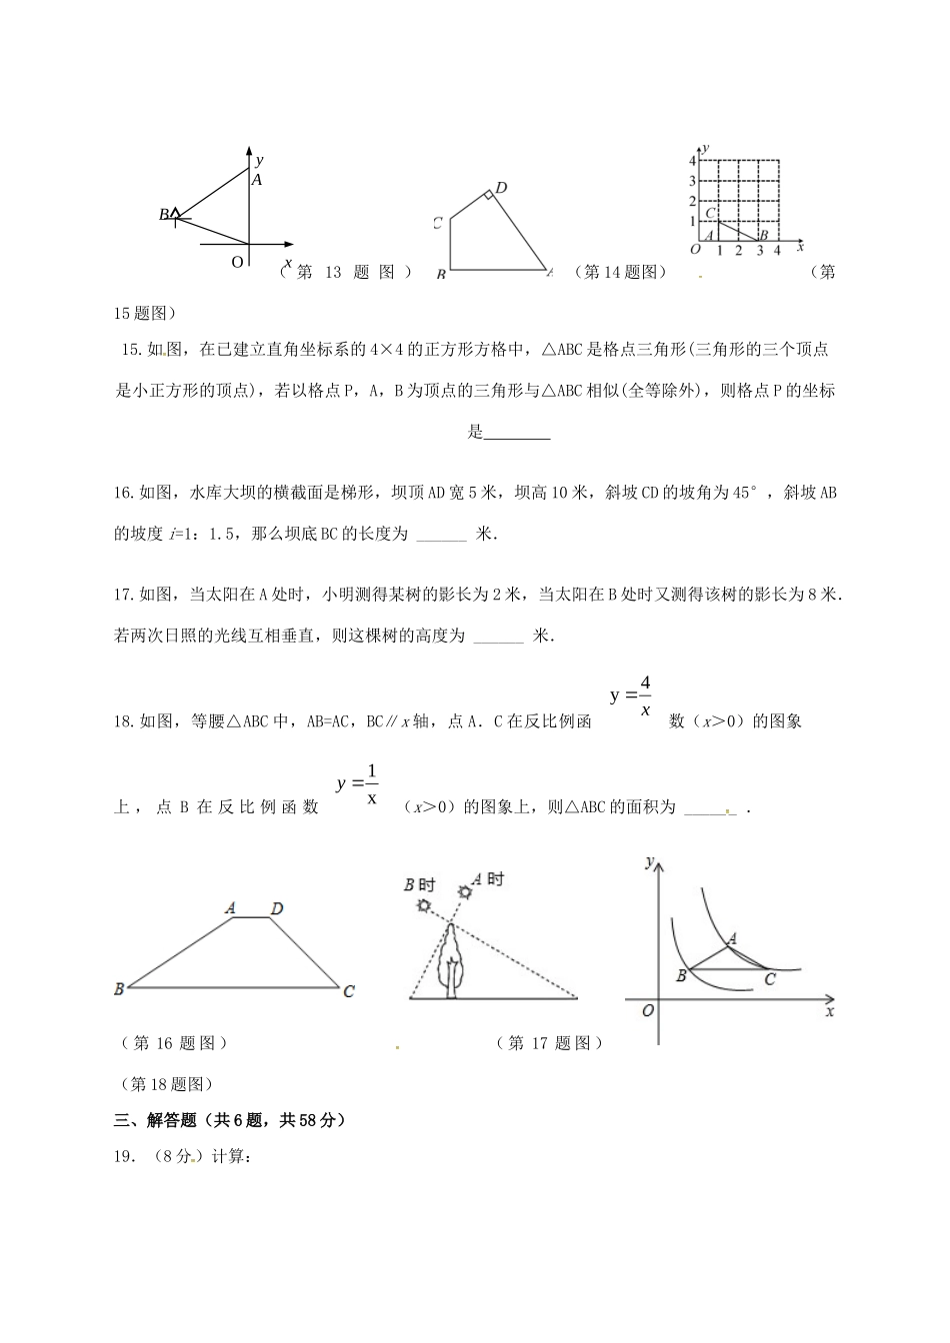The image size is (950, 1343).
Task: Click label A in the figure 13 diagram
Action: pyautogui.click(x=257, y=180)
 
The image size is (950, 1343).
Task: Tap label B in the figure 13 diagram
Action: pyautogui.click(x=163, y=214)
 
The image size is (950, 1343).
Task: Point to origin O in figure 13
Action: pyautogui.click(x=237, y=261)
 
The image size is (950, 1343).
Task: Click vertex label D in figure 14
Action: pyautogui.click(x=501, y=188)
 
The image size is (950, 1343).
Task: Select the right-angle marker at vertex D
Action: pyautogui.click(x=489, y=196)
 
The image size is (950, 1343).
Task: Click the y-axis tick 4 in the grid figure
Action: pyautogui.click(x=692, y=161)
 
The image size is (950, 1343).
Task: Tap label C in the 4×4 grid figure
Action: pyautogui.click(x=710, y=213)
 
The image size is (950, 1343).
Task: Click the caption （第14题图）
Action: pyautogui.click(x=620, y=272)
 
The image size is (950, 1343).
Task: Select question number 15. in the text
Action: pyautogui.click(x=132, y=350)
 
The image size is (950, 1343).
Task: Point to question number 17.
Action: pyautogui.click(x=125, y=595)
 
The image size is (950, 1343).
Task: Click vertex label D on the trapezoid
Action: pyautogui.click(x=277, y=908)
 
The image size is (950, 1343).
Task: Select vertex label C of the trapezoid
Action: pyautogui.click(x=349, y=991)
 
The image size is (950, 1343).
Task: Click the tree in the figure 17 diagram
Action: pyautogui.click(x=452, y=961)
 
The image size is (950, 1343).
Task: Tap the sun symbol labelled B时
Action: pyautogui.click(x=425, y=905)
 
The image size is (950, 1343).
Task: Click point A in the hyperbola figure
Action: pyautogui.click(x=733, y=938)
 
